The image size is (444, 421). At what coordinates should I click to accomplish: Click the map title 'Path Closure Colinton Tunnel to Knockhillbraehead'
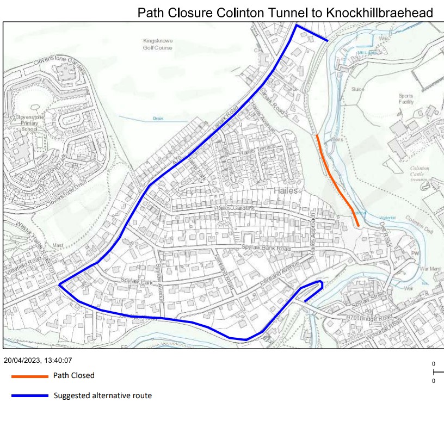click(285, 13)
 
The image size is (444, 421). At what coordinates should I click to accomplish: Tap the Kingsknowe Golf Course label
click(157, 44)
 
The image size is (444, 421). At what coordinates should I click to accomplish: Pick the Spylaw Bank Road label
click(266, 249)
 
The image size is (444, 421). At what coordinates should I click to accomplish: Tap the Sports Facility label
click(405, 99)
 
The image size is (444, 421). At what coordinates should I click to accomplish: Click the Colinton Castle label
click(420, 172)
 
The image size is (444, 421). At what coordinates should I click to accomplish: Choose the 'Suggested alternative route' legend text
click(102, 395)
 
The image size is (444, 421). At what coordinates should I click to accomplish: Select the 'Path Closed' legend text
click(73, 375)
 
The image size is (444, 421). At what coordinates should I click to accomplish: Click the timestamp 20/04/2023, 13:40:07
click(38, 360)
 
